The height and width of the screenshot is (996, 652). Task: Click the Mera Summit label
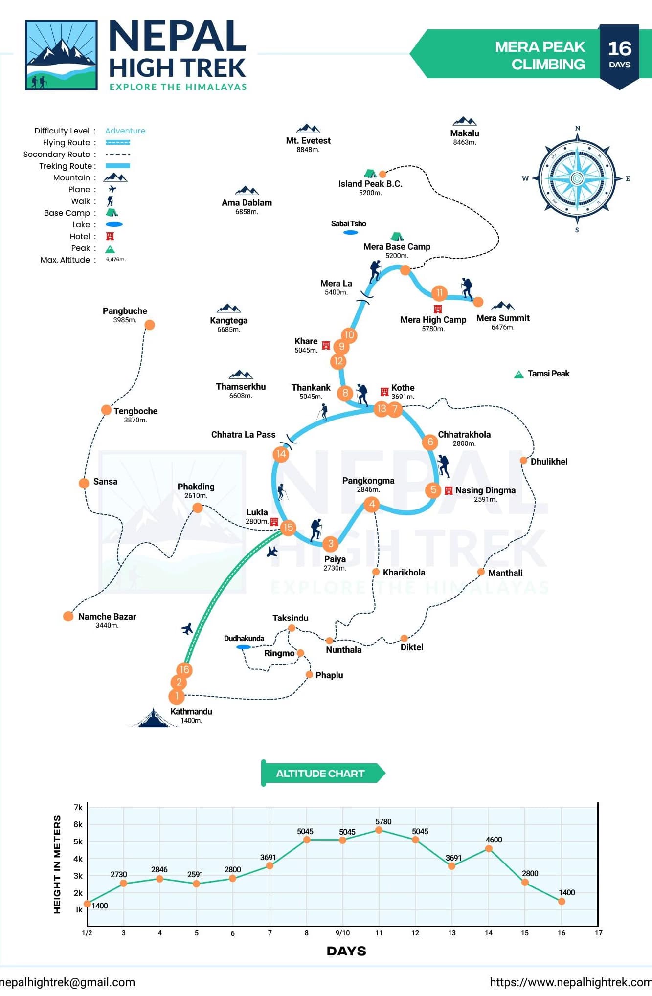(x=503, y=318)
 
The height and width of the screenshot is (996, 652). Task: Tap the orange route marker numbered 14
(x=281, y=454)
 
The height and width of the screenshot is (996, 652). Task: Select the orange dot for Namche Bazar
(x=68, y=617)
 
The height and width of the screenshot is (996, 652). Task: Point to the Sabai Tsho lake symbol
(x=351, y=233)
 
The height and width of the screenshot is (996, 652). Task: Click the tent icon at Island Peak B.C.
(x=370, y=173)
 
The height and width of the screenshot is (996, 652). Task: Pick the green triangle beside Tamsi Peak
(x=519, y=375)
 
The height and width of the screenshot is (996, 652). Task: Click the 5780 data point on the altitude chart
(x=379, y=830)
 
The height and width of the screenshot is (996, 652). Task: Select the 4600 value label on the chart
(x=494, y=840)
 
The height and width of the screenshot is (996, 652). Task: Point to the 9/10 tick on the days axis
(x=342, y=933)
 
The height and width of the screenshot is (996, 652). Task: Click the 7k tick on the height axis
(x=78, y=807)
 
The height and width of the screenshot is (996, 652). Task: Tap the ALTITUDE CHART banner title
(x=320, y=774)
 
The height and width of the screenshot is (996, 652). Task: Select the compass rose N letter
(x=577, y=128)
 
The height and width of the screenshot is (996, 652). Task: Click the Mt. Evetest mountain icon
(x=308, y=129)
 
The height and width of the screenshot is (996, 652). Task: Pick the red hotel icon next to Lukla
(x=274, y=522)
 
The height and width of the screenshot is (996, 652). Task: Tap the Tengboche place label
(x=135, y=411)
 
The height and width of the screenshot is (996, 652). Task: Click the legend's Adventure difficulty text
(x=125, y=131)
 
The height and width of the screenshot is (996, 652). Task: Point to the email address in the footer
(x=67, y=982)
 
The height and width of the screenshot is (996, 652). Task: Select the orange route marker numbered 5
(x=433, y=490)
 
